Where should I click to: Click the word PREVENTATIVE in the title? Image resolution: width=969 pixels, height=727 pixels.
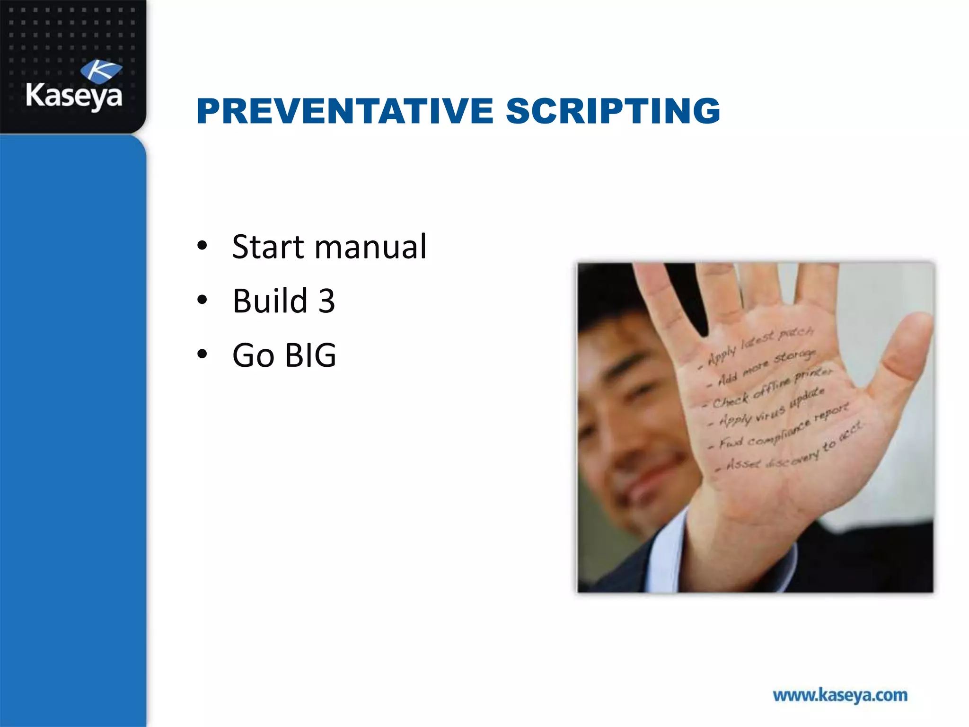(345, 111)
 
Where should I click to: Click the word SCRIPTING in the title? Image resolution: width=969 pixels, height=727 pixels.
(613, 111)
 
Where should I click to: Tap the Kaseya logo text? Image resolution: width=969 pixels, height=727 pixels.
(74, 96)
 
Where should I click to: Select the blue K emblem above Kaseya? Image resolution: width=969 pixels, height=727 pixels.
(101, 71)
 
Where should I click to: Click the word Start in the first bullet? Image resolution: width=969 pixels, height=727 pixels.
(268, 247)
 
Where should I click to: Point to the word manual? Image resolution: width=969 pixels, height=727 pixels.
(370, 247)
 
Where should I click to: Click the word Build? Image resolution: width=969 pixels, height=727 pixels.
(270, 301)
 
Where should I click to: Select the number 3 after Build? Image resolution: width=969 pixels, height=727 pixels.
(326, 301)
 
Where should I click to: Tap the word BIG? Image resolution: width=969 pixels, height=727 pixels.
(310, 355)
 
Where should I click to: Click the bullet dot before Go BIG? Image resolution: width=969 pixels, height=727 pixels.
(203, 354)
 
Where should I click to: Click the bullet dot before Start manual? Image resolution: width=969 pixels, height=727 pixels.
(203, 246)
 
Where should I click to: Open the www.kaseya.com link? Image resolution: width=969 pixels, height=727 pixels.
(840, 695)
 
